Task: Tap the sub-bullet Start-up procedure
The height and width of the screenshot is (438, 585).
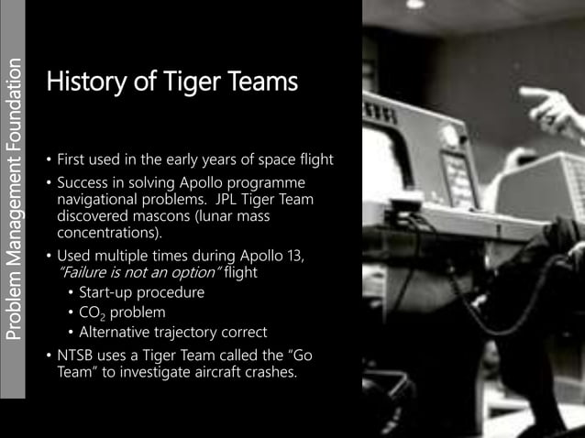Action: tap(142, 292)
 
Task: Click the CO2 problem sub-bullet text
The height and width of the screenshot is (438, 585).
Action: tap(125, 312)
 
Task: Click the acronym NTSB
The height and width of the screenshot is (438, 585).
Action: tap(77, 355)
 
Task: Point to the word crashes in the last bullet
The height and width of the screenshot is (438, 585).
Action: tap(268, 371)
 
